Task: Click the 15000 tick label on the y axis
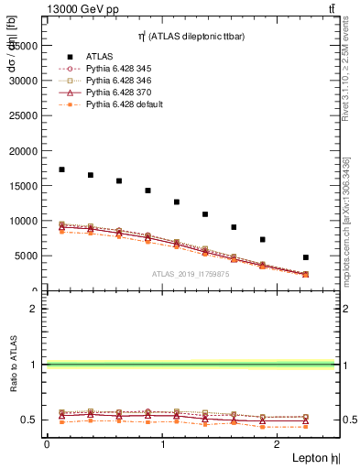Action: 24,185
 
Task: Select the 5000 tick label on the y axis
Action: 27,256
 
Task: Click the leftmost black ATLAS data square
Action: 61,169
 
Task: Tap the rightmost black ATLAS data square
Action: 305,257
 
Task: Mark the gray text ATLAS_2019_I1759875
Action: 191,273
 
